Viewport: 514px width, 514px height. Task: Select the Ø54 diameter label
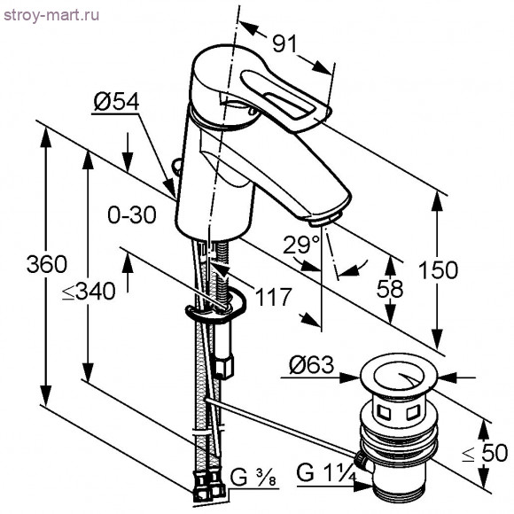click(x=116, y=104)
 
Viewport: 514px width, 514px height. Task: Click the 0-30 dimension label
click(x=131, y=214)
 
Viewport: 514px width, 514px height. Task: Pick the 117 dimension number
click(x=273, y=298)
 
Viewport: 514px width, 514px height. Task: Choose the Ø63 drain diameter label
click(x=311, y=365)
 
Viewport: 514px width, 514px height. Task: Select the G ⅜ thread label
click(x=251, y=480)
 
